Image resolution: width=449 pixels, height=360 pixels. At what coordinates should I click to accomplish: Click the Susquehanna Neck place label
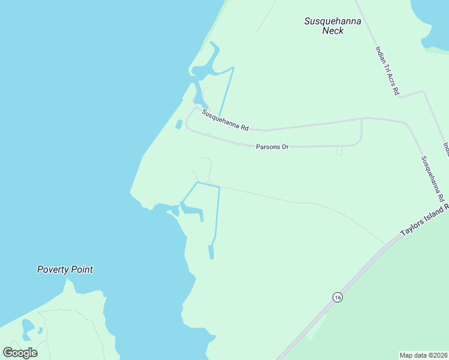(332, 26)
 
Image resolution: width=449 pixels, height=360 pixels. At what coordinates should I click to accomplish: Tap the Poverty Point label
(65, 270)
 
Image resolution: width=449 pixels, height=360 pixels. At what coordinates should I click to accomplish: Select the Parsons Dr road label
(272, 146)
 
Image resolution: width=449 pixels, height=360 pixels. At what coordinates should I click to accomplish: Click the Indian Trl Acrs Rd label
(387, 71)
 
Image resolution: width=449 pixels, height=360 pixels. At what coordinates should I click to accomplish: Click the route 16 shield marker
(338, 298)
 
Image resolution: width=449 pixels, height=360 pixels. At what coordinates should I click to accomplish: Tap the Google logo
(20, 352)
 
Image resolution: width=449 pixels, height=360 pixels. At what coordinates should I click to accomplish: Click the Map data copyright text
(423, 355)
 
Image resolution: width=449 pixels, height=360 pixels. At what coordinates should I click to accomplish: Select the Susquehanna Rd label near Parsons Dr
(225, 120)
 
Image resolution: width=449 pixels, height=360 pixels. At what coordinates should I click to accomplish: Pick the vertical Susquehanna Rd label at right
(432, 179)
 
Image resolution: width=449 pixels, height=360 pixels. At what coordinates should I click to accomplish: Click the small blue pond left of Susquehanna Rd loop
(179, 125)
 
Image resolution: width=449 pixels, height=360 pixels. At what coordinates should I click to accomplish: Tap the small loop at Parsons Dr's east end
(339, 151)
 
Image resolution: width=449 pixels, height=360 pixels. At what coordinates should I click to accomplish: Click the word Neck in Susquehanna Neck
(333, 31)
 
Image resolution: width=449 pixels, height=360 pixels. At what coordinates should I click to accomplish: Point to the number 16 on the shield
(338, 298)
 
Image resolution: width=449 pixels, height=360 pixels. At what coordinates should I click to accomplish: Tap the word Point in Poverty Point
(81, 270)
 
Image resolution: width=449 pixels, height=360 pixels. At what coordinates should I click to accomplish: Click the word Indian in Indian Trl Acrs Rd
(381, 55)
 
